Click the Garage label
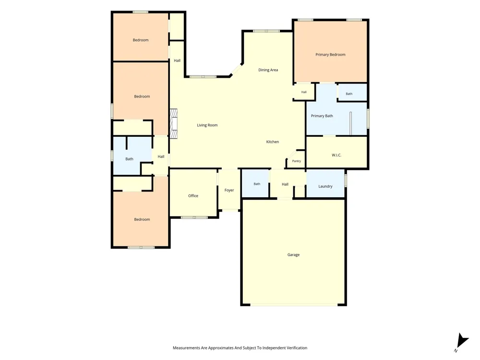(293, 255)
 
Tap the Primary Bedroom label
(330, 55)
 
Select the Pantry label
(296, 161)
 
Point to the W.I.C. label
(336, 155)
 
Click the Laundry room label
(325, 186)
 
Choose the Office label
(193, 196)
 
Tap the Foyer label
(229, 190)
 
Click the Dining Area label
(268, 70)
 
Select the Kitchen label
(273, 142)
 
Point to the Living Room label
(207, 125)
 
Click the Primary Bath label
(322, 116)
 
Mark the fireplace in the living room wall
(174, 124)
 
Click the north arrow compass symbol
(462, 342)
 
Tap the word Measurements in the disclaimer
(186, 348)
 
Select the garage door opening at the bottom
(294, 305)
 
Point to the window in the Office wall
(194, 217)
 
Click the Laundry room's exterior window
(346, 180)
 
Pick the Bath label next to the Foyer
(257, 184)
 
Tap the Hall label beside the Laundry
(285, 184)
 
